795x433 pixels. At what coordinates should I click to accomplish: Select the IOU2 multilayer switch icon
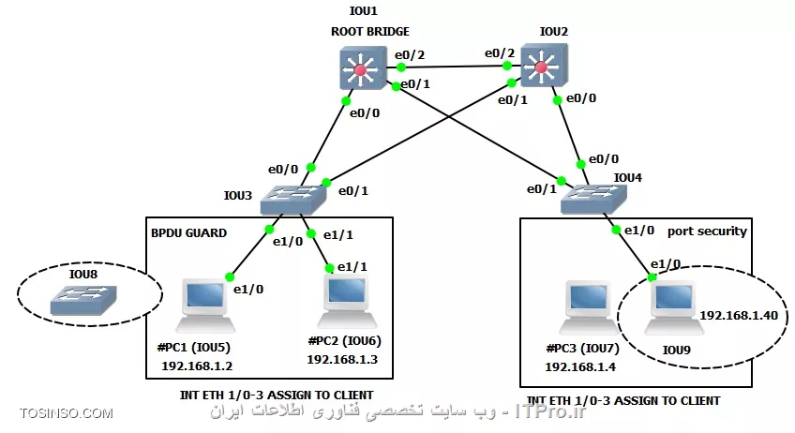tap(544, 66)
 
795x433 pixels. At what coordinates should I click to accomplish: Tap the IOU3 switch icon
tap(293, 200)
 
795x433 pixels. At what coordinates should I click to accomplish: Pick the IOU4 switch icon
tap(593, 199)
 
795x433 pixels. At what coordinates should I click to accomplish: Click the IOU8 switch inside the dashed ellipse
tap(83, 300)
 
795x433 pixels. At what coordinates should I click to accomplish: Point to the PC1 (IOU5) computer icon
tap(204, 306)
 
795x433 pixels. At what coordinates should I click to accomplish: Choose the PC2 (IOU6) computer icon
tap(347, 301)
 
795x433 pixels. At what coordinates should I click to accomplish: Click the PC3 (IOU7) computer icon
tap(589, 307)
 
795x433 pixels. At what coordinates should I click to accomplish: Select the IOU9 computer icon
tap(674, 307)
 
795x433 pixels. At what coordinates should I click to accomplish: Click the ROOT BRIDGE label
tap(370, 32)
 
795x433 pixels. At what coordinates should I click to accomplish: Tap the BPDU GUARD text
tap(188, 233)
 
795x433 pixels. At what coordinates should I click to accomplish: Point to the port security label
tap(707, 231)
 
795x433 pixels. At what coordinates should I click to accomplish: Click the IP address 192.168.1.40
tap(739, 315)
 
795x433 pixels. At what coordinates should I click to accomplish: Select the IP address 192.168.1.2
tap(197, 366)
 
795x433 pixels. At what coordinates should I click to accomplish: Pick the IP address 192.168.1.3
tap(342, 360)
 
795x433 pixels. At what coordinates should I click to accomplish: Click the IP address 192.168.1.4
tap(580, 367)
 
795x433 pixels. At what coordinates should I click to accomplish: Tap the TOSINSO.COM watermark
tap(67, 413)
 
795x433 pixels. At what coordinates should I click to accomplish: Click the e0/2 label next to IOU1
tap(410, 54)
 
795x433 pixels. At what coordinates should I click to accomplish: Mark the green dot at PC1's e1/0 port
tap(230, 276)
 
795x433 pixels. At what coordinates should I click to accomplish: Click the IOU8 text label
tap(83, 275)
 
